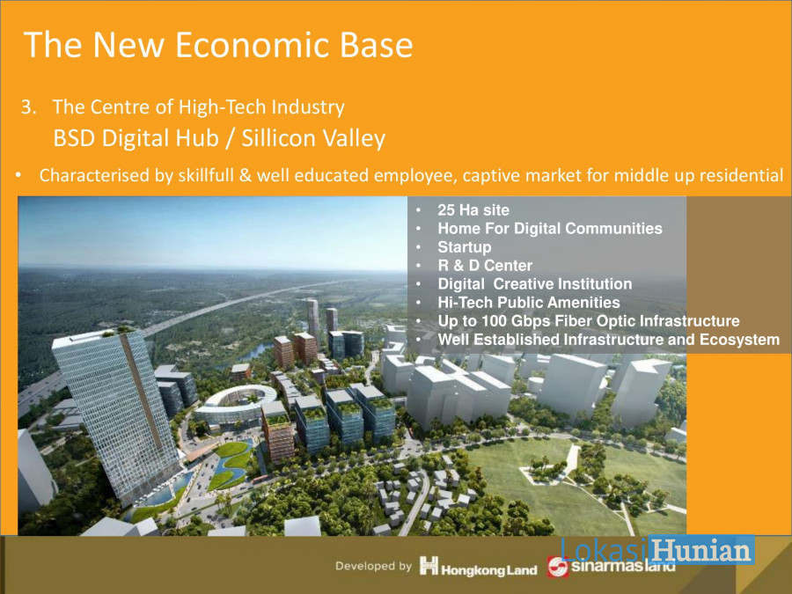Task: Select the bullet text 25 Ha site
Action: [473, 210]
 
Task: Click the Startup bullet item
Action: [464, 247]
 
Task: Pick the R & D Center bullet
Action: [485, 265]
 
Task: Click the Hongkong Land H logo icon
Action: [429, 565]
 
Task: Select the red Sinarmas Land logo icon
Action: [558, 567]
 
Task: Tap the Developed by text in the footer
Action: [373, 566]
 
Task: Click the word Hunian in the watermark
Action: [701, 550]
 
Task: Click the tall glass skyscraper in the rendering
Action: [117, 415]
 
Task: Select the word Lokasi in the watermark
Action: [604, 550]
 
